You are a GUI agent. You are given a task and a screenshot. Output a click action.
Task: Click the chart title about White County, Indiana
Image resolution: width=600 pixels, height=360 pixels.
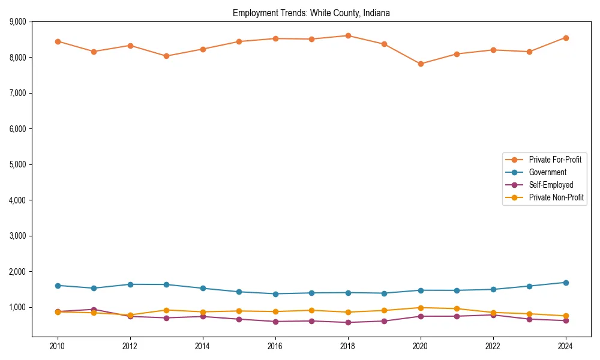(x=311, y=13)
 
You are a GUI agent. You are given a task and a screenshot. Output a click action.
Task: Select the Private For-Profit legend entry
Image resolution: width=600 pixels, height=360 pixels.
(x=555, y=160)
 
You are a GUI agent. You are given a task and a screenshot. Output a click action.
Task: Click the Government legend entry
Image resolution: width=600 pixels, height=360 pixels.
(x=547, y=172)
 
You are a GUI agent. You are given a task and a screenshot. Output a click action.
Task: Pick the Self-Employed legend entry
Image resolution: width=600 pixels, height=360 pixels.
(x=551, y=185)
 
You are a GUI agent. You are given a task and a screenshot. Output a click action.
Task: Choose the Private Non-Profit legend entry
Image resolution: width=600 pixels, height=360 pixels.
(x=556, y=197)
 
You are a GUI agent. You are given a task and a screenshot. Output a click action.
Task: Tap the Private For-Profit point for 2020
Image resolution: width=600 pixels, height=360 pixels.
(x=421, y=64)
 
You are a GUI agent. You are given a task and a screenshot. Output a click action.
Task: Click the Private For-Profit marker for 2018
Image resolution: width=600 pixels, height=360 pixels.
(x=348, y=35)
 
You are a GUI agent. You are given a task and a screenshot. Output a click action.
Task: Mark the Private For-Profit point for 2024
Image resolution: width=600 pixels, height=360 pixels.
(x=566, y=38)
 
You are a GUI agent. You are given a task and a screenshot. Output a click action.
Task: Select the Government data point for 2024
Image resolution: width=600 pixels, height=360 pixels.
(x=566, y=283)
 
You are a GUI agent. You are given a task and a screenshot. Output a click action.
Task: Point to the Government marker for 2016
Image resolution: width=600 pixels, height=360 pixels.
(x=275, y=294)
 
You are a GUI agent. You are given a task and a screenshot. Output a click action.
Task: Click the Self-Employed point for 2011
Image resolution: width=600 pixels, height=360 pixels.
(x=94, y=310)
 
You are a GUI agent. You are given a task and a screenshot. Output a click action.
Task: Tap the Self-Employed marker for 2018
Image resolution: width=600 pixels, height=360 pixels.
(x=348, y=322)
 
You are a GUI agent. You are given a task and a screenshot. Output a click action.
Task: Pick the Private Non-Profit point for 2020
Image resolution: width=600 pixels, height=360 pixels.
(x=421, y=308)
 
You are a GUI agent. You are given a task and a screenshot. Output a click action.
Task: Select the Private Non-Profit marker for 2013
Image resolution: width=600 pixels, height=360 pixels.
(x=166, y=310)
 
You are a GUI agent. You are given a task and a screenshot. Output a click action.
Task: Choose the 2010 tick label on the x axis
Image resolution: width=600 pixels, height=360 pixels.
(x=58, y=346)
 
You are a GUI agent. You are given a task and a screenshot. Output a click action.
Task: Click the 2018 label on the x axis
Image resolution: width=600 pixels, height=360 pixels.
(x=348, y=346)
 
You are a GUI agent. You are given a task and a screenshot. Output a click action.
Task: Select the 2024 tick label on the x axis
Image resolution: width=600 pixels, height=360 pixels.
(x=566, y=346)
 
